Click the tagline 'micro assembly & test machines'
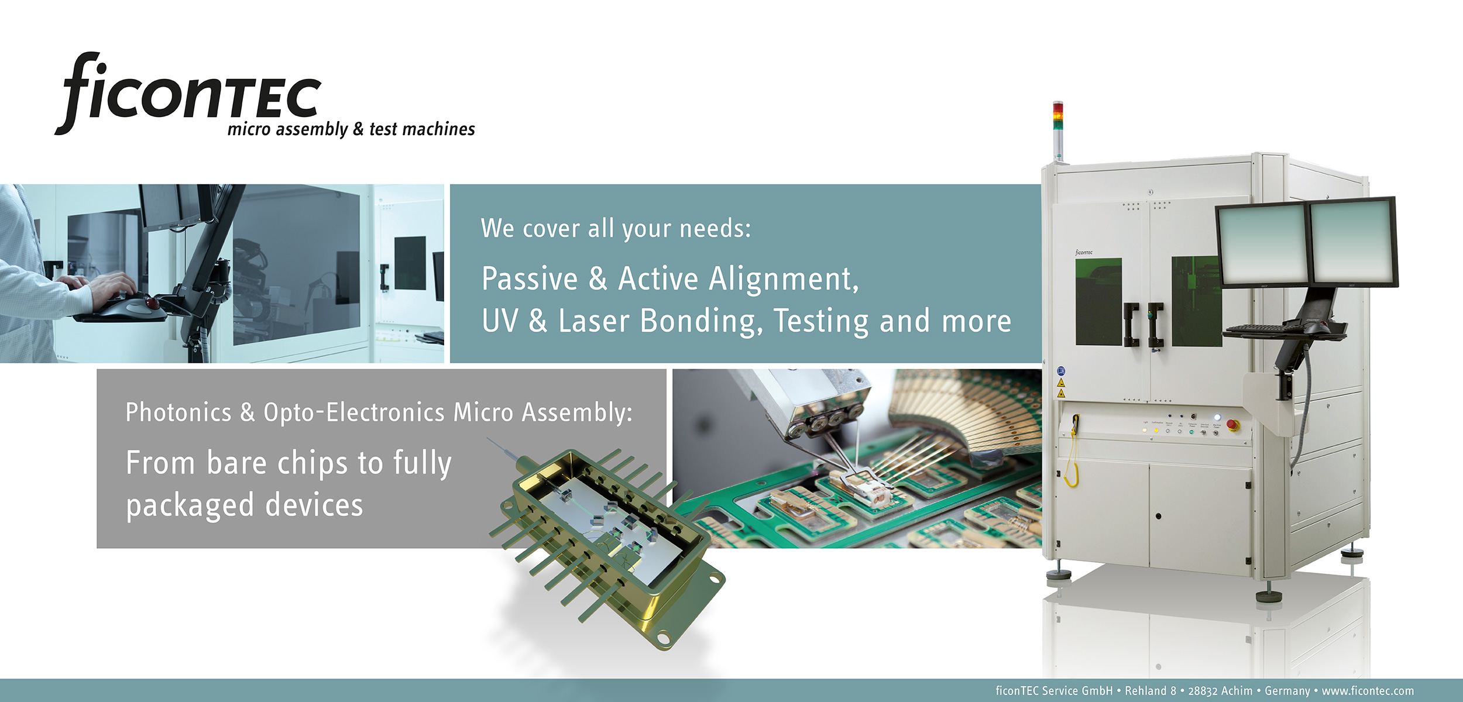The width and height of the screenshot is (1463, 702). (x=351, y=129)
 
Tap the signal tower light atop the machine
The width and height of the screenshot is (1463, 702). (x=1058, y=130)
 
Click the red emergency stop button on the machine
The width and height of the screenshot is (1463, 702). (x=1232, y=425)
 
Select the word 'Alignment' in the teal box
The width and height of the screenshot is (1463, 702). (x=784, y=279)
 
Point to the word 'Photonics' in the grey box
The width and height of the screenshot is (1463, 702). (x=178, y=412)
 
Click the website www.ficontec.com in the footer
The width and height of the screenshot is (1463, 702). (x=1368, y=691)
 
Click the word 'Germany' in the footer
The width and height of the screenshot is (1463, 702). (x=1287, y=691)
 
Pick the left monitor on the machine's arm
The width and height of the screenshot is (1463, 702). (x=1261, y=244)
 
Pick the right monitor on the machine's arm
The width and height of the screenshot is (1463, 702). (x=1352, y=242)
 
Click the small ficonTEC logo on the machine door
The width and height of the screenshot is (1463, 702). (x=1084, y=252)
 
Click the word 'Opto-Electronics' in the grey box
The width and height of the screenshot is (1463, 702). (x=354, y=412)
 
